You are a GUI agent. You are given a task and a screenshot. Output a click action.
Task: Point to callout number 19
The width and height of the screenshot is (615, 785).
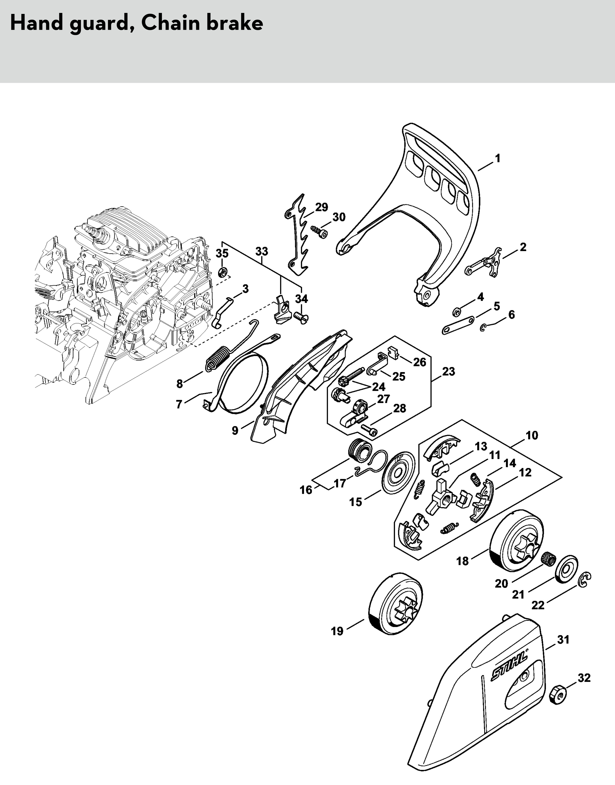pyautogui.click(x=337, y=631)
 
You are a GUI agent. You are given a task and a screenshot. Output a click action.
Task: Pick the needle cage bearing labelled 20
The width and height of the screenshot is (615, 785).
pyautogui.click(x=549, y=559)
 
